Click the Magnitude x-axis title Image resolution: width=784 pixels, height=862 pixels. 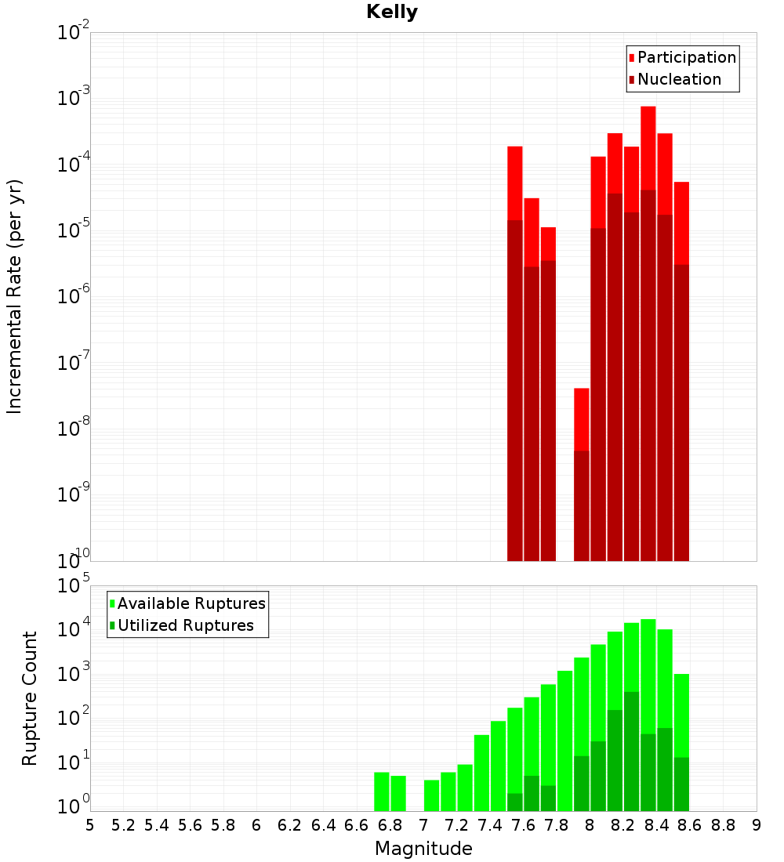pyautogui.click(x=423, y=849)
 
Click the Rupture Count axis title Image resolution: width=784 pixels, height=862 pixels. pyautogui.click(x=30, y=697)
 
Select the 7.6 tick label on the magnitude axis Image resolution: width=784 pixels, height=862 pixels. pyautogui.click(x=523, y=825)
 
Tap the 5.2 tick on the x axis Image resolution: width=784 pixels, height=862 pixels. pyautogui.click(x=123, y=825)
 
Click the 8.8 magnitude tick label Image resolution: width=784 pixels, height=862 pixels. pyautogui.click(x=723, y=825)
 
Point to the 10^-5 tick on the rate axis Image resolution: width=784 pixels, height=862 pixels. pyautogui.click(x=74, y=230)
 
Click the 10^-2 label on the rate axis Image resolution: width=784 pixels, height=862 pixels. pyautogui.click(x=74, y=33)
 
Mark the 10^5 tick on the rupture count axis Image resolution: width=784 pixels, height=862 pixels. pyautogui.click(x=74, y=586)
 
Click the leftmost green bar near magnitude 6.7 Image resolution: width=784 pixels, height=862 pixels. pyautogui.click(x=382, y=791)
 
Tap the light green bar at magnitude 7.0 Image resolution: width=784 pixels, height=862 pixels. pyautogui.click(x=432, y=795)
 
